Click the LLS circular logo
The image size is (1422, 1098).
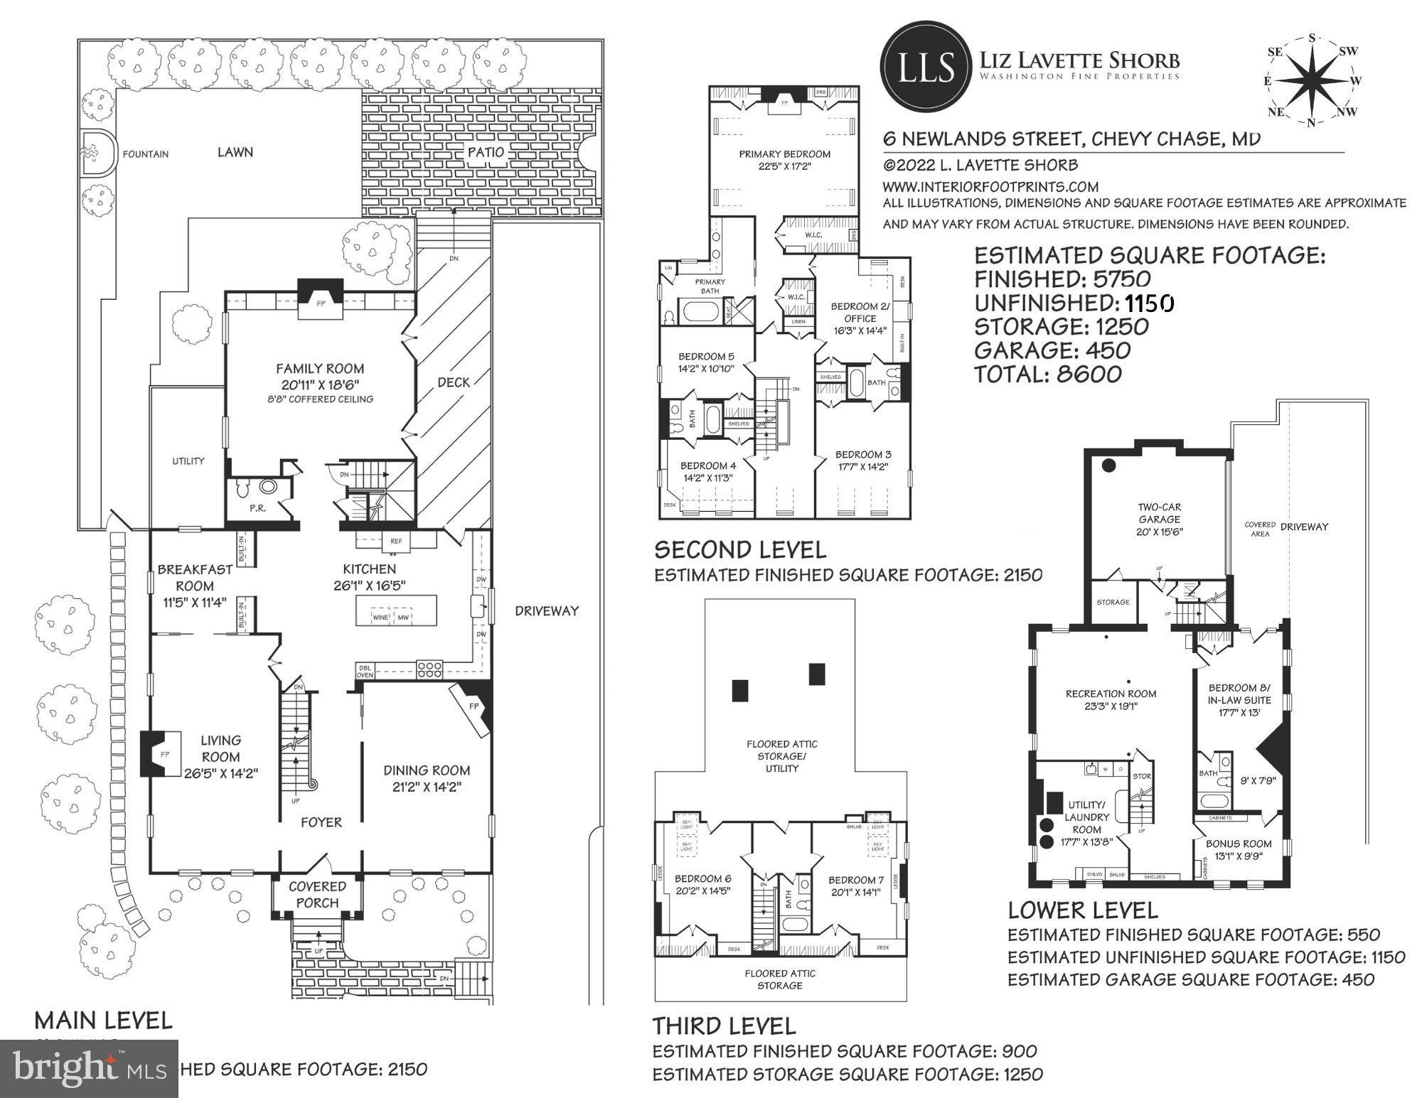926,68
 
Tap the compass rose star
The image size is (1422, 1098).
1312,82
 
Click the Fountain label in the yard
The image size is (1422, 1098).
145,154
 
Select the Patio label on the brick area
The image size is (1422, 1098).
486,152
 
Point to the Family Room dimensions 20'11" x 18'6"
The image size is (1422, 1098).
320,384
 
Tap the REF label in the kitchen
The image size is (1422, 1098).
396,542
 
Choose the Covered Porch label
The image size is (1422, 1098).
317,895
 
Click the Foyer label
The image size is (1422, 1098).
321,822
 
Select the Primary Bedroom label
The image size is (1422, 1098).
784,154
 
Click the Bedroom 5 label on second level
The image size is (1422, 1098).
705,357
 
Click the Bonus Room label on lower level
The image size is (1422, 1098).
1239,844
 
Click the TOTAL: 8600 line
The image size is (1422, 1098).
1047,374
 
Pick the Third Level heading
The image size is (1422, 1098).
724,1026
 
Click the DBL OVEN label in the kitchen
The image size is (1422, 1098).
365,672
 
